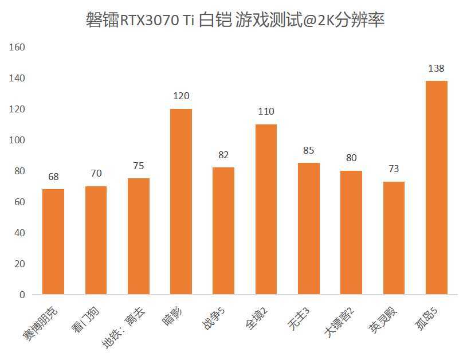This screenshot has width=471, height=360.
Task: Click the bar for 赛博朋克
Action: click(53, 241)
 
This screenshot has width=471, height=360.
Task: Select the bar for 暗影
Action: click(181, 201)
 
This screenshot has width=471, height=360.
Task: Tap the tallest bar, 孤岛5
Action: click(436, 187)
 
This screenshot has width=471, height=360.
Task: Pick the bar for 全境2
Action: click(266, 209)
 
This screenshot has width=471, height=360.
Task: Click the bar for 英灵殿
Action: click(394, 238)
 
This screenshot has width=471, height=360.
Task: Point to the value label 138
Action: click(436, 69)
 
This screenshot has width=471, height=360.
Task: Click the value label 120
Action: click(181, 96)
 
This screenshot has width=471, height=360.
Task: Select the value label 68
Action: click(53, 177)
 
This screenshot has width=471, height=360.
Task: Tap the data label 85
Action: click(309, 151)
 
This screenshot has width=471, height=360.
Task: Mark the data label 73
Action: click(394, 169)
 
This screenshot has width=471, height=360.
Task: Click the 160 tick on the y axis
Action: click(17, 47)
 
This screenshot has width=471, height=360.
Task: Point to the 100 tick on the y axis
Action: click(17, 140)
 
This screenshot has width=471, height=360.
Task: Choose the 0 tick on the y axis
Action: click(22, 295)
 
